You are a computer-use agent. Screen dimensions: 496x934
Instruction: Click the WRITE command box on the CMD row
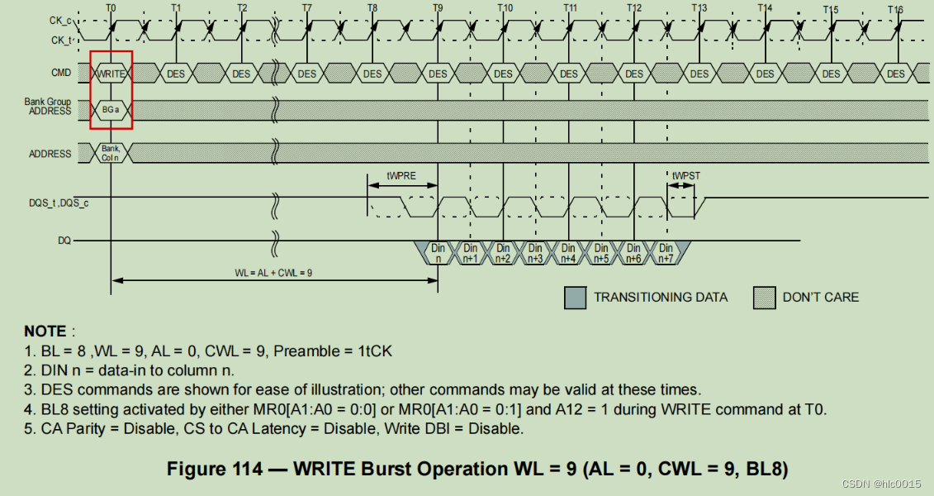(110, 74)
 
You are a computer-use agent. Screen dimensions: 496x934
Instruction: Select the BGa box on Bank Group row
(111, 109)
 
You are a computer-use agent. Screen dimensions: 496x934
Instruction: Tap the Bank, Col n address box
(111, 152)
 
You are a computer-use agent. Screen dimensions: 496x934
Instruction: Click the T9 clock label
(437, 8)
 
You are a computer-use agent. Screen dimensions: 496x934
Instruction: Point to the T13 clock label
(699, 8)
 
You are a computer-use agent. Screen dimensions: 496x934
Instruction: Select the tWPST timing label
(685, 176)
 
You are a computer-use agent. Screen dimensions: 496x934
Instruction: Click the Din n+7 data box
(666, 252)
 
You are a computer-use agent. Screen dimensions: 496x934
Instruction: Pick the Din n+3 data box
(535, 252)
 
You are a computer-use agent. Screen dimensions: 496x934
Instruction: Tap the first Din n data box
(438, 252)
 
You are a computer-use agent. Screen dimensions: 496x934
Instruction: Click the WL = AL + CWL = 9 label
(273, 272)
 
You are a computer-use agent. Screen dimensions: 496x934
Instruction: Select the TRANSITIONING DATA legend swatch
(575, 297)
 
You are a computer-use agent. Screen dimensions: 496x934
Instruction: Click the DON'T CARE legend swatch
(764, 297)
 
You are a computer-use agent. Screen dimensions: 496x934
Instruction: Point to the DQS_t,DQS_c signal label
(59, 202)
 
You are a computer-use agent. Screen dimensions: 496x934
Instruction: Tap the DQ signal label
(64, 241)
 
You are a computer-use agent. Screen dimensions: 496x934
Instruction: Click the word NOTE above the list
(45, 331)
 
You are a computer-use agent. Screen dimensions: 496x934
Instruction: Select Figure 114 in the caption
(215, 469)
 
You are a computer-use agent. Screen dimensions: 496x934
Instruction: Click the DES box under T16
(895, 74)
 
